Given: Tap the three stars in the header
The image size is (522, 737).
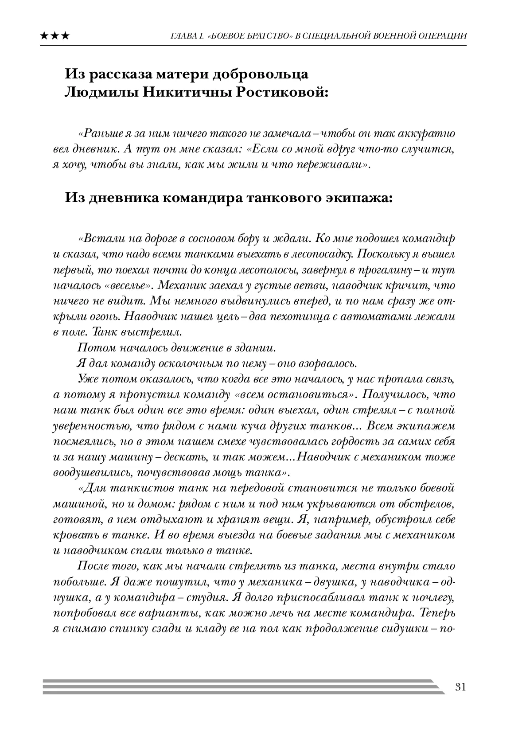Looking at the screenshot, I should click(x=55, y=36).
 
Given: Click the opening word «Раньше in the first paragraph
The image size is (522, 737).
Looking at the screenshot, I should click(x=97, y=133).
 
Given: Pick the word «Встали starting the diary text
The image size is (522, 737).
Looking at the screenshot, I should click(x=98, y=238).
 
